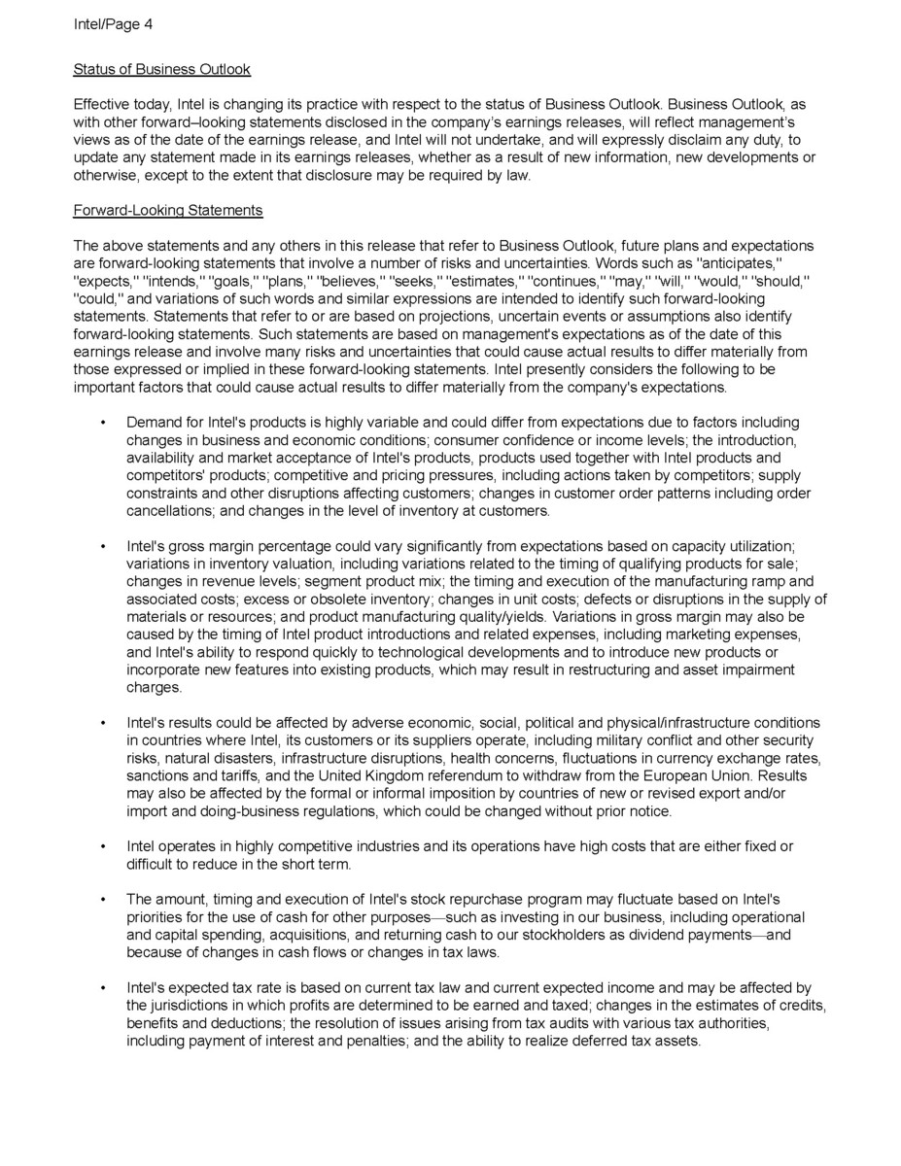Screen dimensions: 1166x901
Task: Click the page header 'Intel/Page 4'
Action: pyautogui.click(x=113, y=25)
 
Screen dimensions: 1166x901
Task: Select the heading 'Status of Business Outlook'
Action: pyautogui.click(x=161, y=69)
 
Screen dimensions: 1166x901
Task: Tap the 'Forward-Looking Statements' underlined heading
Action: pyautogui.click(x=168, y=210)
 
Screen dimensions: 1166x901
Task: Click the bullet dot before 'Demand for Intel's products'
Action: pyautogui.click(x=102, y=424)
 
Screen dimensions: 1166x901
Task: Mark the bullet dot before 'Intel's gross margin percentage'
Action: pyautogui.click(x=102, y=547)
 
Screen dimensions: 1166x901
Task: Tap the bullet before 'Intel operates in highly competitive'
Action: pyautogui.click(x=102, y=847)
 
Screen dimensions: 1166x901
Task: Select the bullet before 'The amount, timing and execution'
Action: pyautogui.click(x=102, y=900)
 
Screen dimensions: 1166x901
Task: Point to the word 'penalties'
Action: pyautogui.click(x=385, y=1041)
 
